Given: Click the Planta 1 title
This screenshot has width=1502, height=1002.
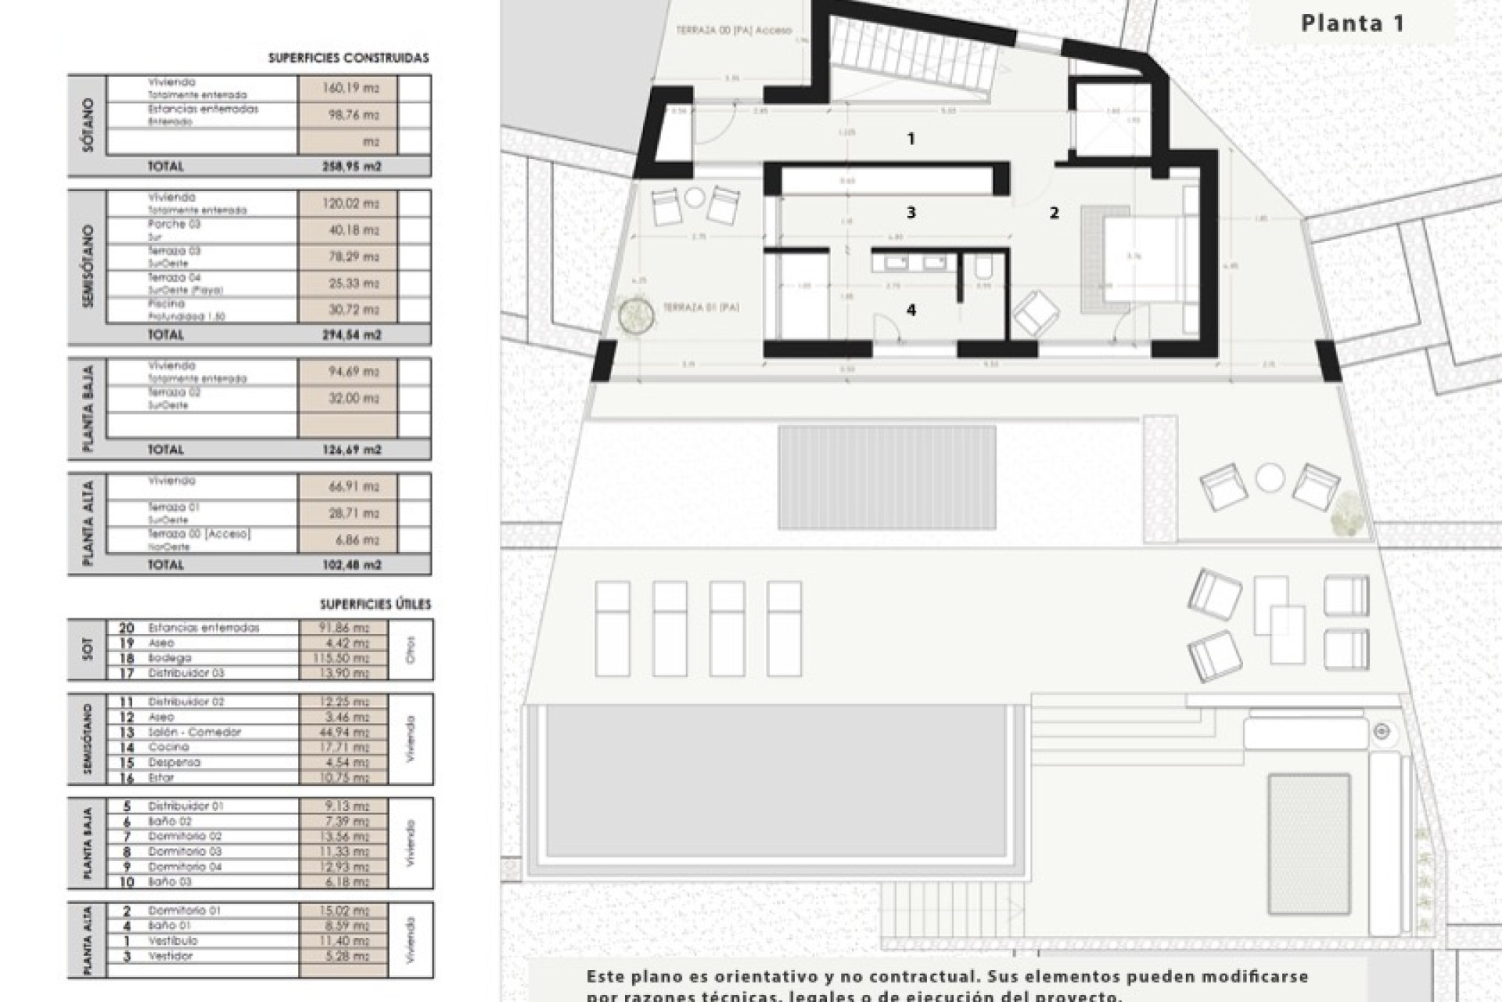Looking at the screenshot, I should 1352,23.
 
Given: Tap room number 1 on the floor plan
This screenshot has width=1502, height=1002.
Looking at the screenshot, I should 911,139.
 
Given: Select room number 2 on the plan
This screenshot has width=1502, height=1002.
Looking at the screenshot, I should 1054,212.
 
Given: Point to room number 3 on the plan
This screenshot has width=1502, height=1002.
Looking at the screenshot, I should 911,212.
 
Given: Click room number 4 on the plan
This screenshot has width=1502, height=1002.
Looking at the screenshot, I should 911,311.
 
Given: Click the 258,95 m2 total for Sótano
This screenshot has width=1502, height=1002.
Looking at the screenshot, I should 350,167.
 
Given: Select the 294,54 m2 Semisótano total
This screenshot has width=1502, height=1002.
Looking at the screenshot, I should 350,335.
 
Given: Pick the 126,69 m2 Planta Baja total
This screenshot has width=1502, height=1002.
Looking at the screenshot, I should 350,450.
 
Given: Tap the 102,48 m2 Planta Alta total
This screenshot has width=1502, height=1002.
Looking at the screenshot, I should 350,565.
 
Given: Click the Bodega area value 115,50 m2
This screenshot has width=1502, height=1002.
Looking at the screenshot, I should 344,658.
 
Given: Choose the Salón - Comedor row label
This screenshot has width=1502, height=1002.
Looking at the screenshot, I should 195,733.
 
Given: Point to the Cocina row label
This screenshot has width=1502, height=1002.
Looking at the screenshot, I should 169,748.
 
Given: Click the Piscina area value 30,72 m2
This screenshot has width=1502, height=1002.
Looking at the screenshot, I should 350,310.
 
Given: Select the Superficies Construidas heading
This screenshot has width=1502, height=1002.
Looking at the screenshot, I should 348,58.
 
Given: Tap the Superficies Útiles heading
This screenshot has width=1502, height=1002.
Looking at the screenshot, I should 375,604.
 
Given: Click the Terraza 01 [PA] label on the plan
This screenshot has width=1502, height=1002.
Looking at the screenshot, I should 701,308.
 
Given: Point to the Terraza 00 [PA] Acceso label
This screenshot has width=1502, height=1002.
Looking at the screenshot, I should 734,31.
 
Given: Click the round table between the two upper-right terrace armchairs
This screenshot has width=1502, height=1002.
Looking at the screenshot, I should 1270,478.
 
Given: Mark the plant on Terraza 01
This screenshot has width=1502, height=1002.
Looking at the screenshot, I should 636,316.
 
